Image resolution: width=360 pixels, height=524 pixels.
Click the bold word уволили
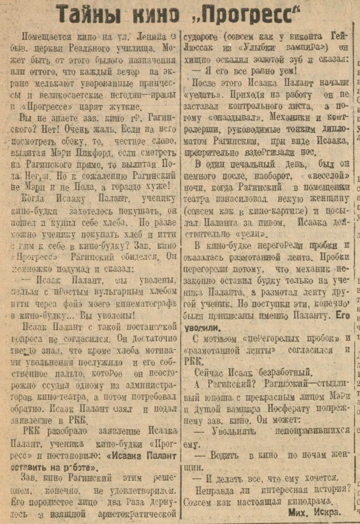(x=202, y=327)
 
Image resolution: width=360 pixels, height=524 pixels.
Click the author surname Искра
(x=326, y=512)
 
